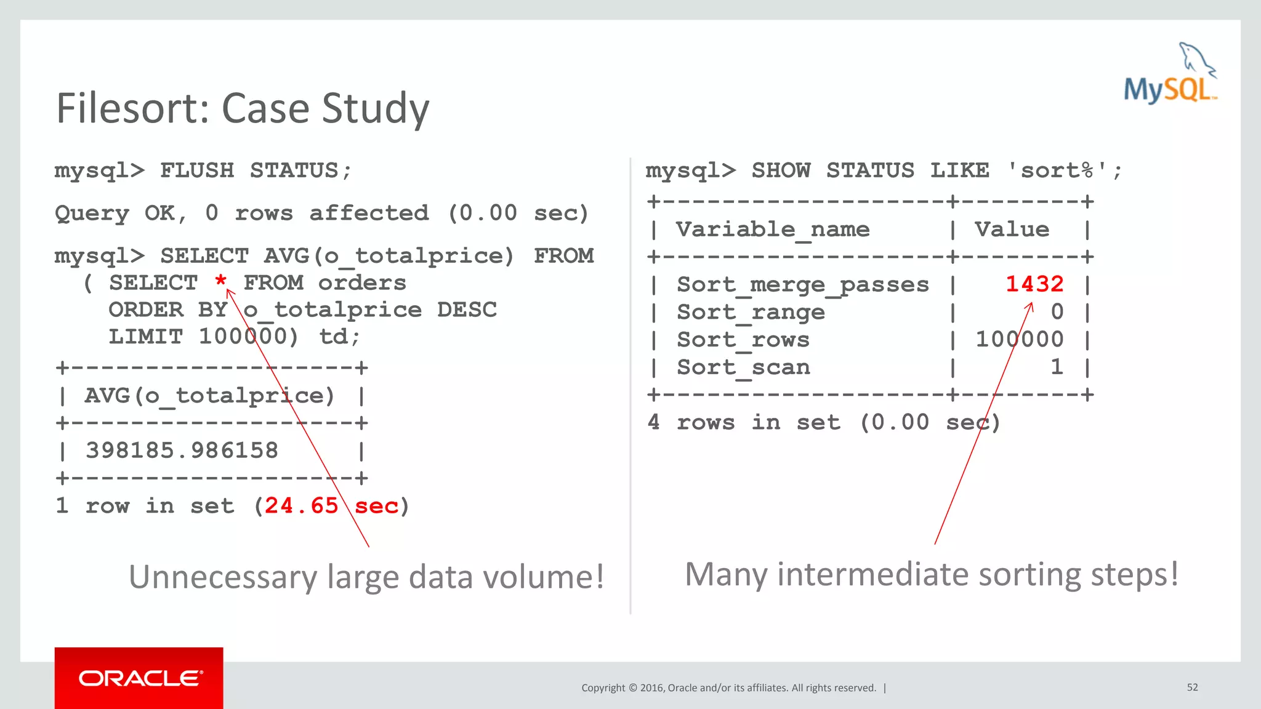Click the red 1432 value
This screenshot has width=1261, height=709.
click(1034, 284)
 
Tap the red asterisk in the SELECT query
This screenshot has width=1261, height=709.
click(221, 282)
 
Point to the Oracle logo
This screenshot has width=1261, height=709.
click(139, 678)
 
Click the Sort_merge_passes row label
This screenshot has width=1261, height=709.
click(802, 285)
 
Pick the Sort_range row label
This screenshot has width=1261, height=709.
click(751, 313)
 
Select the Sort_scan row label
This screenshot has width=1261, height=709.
click(743, 367)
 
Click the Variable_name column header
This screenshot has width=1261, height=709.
click(773, 230)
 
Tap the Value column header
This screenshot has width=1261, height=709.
click(1012, 230)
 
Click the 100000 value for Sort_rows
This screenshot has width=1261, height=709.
click(1020, 340)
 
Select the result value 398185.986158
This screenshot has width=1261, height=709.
click(182, 451)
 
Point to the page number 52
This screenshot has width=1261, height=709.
click(1193, 687)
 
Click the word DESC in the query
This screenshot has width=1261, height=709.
click(467, 310)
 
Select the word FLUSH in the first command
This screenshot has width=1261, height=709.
click(197, 170)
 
